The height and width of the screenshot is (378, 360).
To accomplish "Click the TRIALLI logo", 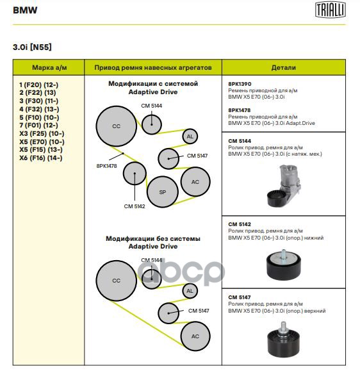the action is (x=331, y=10).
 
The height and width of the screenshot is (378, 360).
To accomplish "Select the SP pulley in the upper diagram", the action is (x=163, y=192).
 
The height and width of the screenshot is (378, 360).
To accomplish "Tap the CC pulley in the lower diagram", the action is (x=117, y=281).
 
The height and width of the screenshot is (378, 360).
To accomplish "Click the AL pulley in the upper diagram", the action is (x=190, y=136).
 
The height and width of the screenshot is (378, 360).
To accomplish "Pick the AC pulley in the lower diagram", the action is (x=195, y=336).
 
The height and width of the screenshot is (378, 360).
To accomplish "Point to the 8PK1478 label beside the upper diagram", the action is (x=106, y=166).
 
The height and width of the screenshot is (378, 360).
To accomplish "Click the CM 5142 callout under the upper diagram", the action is (x=135, y=206).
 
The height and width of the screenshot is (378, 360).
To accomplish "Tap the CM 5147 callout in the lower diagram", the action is (x=199, y=311).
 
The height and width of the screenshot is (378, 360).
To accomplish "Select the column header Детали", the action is (x=284, y=67).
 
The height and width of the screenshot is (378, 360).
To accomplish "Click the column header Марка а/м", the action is (x=49, y=67).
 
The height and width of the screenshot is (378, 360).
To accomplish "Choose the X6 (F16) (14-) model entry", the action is (x=41, y=158).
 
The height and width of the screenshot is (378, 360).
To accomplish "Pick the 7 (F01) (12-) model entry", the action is (x=39, y=126).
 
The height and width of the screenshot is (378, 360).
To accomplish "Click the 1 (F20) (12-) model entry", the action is (x=39, y=85).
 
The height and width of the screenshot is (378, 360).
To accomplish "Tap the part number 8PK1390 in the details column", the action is (x=240, y=84).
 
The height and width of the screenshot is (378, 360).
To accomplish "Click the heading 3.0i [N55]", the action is (x=32, y=47).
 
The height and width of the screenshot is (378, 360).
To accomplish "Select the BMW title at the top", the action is (x=25, y=10).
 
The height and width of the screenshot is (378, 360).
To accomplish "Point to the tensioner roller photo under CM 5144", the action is (x=284, y=186).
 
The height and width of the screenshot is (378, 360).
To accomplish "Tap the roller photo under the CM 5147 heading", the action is (x=283, y=340).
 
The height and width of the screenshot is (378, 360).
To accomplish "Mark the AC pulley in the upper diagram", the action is (x=195, y=182).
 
